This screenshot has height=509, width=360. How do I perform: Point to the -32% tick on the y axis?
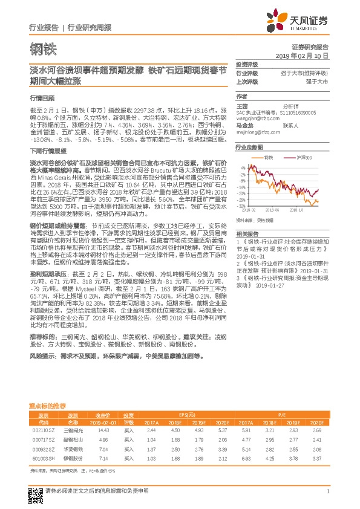coord(242,205)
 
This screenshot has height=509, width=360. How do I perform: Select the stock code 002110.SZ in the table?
coord(43,430)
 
